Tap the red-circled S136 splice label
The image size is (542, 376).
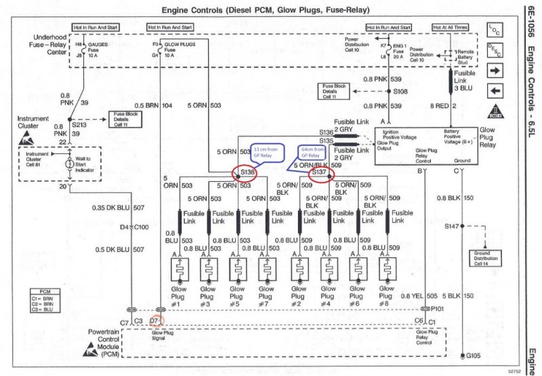[x=246, y=173]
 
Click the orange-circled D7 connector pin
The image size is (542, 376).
[x=154, y=320]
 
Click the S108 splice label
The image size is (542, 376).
[x=400, y=90]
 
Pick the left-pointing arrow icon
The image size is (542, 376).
[x=494, y=91]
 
